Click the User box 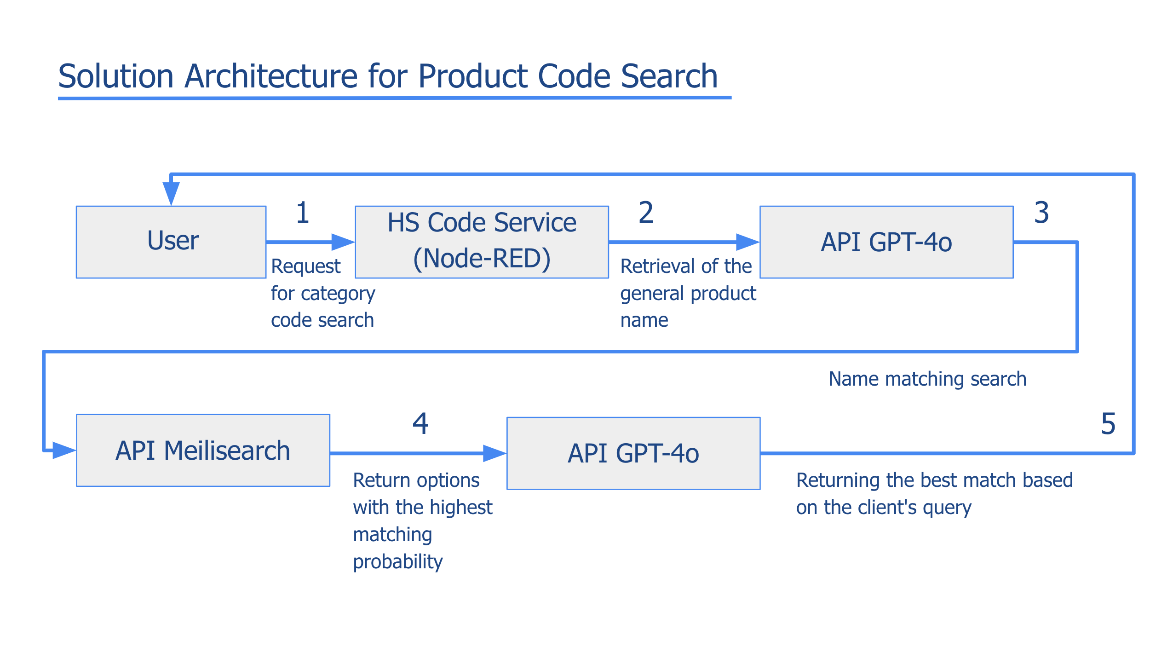point(171,242)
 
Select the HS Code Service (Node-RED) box point(482,242)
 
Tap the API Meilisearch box point(203,450)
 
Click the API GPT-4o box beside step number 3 point(886,242)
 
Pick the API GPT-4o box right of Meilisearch point(633,453)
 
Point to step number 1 point(303,213)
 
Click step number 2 point(646,213)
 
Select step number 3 point(1041,213)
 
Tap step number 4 point(420,423)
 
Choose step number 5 point(1108,423)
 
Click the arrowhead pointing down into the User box point(171,194)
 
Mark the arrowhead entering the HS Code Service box point(343,242)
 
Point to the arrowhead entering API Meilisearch point(64,451)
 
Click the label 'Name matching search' point(927,379)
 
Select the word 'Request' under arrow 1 point(305,267)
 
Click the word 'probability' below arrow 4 point(398,562)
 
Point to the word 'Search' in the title point(669,76)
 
